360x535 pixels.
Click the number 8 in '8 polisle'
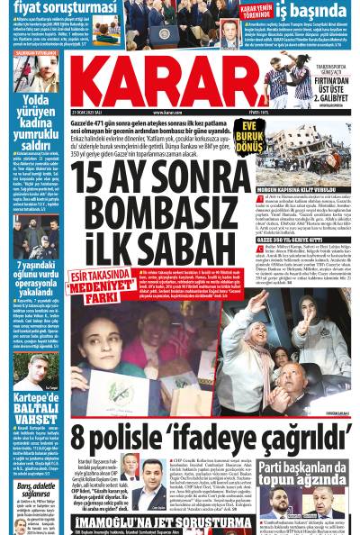point(79,439)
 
